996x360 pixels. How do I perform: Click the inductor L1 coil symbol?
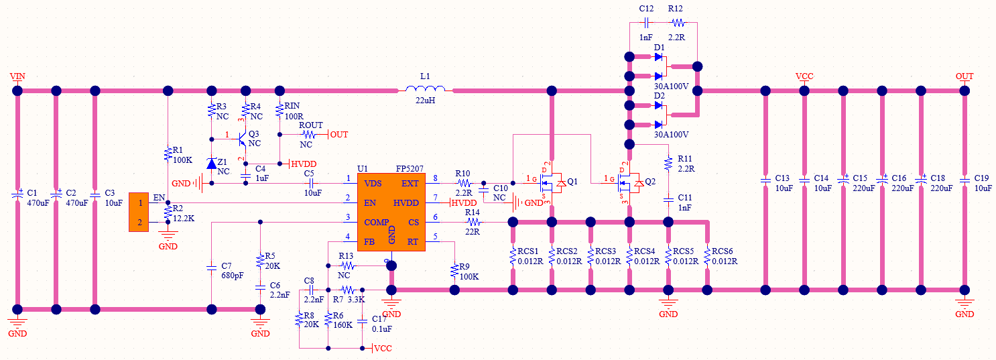click(425, 90)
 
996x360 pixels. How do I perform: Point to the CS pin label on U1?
click(414, 222)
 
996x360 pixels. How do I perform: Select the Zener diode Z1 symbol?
click(212, 163)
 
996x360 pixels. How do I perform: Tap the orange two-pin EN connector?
click(139, 212)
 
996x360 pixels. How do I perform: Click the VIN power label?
click(17, 76)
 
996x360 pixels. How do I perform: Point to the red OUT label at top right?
click(964, 76)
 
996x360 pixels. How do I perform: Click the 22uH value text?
click(425, 101)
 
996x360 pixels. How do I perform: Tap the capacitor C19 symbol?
click(964, 180)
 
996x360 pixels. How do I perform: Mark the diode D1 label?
click(659, 48)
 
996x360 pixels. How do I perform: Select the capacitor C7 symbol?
click(212, 266)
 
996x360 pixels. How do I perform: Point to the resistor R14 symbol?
click(473, 222)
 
